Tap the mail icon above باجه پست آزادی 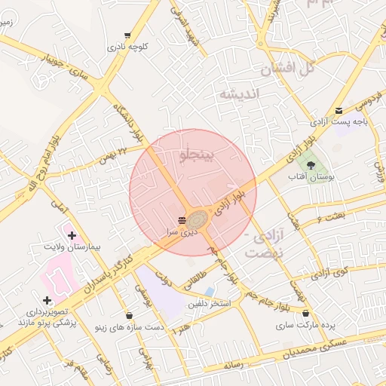[x=339, y=110]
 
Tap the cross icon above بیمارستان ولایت [x=72, y=237]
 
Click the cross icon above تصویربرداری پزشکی [x=47, y=301]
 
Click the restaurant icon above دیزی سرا [x=182, y=220]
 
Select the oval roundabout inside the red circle [x=198, y=219]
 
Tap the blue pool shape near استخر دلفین [x=210, y=292]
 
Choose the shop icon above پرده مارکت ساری [x=305, y=314]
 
